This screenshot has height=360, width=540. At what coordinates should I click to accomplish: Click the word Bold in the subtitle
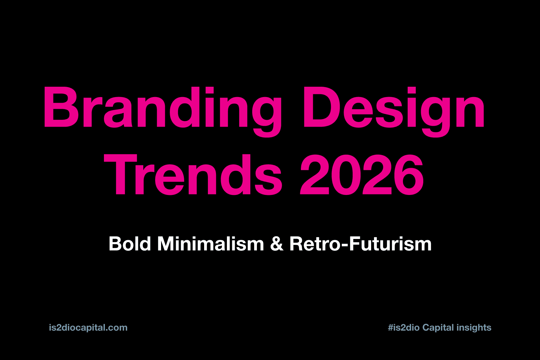(130, 244)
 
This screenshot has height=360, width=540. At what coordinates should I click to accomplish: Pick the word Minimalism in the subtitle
(211, 244)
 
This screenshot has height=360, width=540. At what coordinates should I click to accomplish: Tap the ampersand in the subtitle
(277, 244)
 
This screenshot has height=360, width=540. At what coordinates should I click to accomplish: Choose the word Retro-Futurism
(361, 244)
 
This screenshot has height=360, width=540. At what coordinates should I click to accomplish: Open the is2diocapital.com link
(88, 328)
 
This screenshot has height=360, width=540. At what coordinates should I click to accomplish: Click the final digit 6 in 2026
(409, 175)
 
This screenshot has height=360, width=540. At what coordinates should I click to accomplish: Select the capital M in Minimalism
(166, 244)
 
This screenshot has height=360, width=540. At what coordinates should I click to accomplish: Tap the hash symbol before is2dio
(390, 328)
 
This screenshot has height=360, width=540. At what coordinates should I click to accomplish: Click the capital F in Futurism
(355, 244)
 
